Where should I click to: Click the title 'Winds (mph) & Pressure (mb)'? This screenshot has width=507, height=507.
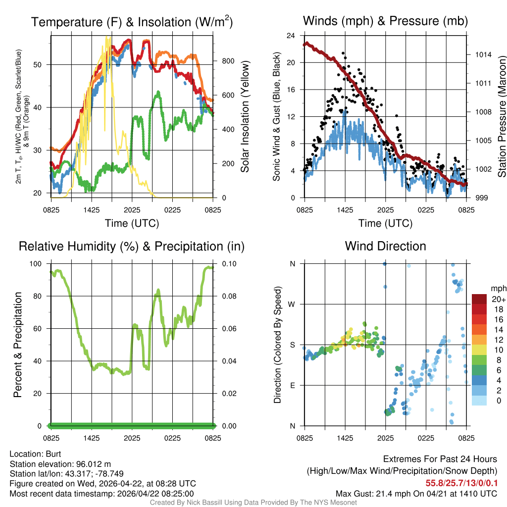pos(385,21)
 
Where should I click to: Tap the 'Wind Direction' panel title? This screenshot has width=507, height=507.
pos(385,246)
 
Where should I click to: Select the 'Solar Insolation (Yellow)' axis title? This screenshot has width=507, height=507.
pos(245,117)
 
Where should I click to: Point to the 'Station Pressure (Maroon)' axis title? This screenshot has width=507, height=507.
pos(501,117)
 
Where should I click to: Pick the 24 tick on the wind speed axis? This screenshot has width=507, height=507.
pos(291,36)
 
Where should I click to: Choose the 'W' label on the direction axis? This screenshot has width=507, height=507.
pos(292,304)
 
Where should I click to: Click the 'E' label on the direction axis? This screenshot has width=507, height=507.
pos(292,385)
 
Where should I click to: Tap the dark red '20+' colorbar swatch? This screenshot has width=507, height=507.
pos(479,299)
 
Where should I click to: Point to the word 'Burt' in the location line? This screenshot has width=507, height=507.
pos(53,454)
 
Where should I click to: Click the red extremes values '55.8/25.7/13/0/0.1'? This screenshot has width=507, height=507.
pos(461,483)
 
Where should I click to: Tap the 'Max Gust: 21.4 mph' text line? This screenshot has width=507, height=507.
pos(416,493)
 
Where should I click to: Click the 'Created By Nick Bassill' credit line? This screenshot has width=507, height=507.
pos(253,503)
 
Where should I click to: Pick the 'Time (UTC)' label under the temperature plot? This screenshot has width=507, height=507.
pos(132,223)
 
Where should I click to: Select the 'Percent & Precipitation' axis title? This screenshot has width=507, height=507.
pos(18,345)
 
